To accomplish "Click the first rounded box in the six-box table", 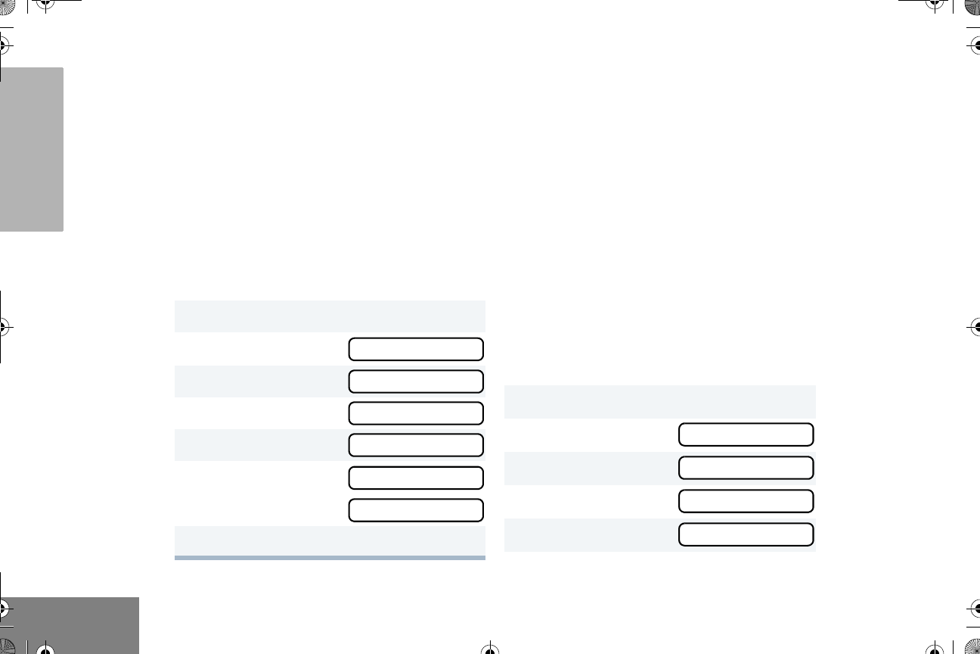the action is (x=415, y=349).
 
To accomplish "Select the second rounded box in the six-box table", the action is (x=415, y=381).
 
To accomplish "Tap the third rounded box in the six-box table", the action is (x=415, y=413).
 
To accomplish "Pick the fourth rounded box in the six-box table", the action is (x=415, y=445).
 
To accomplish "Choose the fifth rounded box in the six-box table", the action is (x=415, y=478).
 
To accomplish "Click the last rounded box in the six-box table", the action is (x=415, y=510).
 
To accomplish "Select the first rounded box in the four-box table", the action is (x=746, y=434).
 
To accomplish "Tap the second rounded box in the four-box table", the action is (x=746, y=468).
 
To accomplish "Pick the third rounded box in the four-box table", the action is (x=746, y=501).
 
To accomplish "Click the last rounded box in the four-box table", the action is (x=746, y=534).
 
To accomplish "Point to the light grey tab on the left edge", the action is (x=32, y=150).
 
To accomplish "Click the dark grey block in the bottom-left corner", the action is (x=70, y=624).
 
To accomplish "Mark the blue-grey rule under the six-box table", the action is (x=330, y=558).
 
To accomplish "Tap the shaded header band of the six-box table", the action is (x=330, y=316).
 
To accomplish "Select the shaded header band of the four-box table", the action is (x=659, y=400).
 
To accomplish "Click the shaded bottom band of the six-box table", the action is (x=330, y=540).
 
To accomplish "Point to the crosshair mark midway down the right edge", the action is (x=975, y=327).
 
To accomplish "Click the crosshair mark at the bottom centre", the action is (x=490, y=649).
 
